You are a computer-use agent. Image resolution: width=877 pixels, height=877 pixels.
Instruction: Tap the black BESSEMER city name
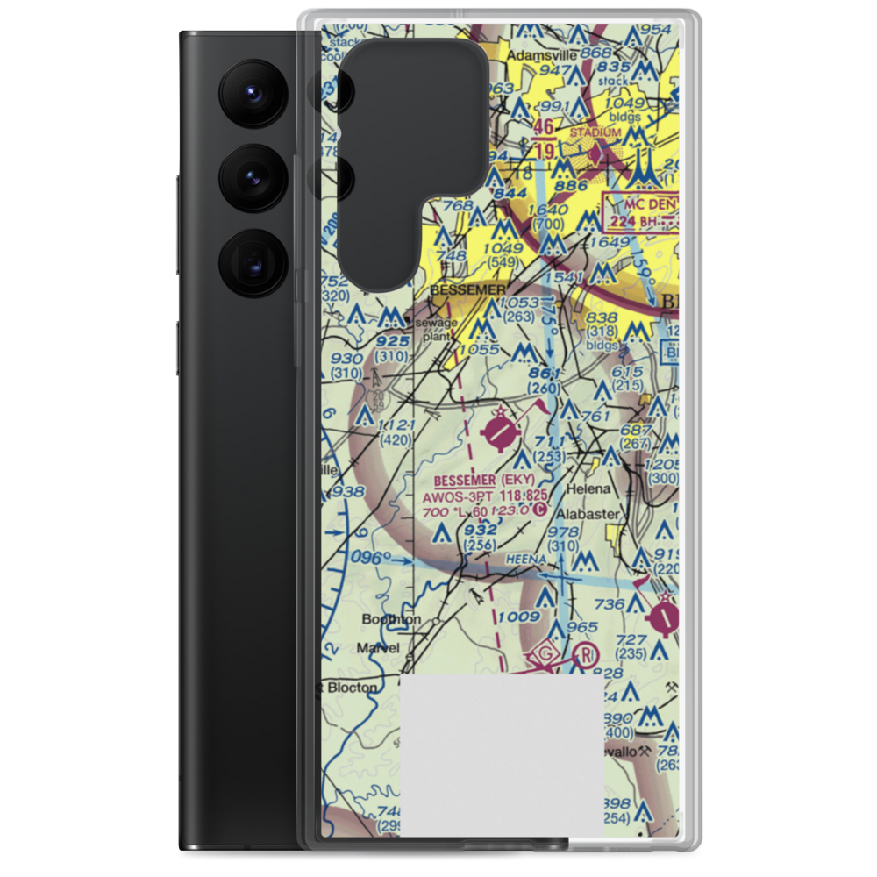point(468,289)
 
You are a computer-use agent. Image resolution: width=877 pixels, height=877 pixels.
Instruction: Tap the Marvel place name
point(378,648)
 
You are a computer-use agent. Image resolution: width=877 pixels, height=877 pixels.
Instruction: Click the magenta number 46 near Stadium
point(544,128)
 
